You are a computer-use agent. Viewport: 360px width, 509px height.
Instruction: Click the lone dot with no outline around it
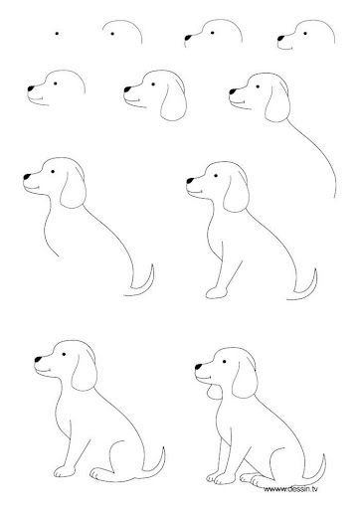point(57,34)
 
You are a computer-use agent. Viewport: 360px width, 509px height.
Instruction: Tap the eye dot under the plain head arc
point(112,34)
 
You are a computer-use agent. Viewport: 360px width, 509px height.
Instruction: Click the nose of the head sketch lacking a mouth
point(188,37)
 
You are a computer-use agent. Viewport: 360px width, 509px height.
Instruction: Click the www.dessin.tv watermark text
point(290,489)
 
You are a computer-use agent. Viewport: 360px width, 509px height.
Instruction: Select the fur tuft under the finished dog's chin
point(213,392)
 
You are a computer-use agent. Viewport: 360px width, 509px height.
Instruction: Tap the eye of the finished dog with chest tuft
point(225,361)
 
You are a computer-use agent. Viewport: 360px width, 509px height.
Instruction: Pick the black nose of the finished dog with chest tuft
point(199,367)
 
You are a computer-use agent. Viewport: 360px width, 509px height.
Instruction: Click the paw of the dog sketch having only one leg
point(216,292)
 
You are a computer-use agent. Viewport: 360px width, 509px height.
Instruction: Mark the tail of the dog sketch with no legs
point(142,281)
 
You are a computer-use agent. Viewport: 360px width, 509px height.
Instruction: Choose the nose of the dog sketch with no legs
point(27,177)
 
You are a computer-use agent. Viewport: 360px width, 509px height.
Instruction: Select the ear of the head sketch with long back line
point(277,103)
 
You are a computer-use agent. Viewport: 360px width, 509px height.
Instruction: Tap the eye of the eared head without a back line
point(153,85)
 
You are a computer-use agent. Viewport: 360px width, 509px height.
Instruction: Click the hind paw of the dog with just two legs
point(98,474)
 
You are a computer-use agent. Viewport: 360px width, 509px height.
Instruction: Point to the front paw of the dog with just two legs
point(61,472)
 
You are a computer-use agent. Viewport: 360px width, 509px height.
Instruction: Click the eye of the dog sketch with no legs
point(53,172)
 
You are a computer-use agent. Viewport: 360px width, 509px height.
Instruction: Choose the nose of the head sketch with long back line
point(233,91)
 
